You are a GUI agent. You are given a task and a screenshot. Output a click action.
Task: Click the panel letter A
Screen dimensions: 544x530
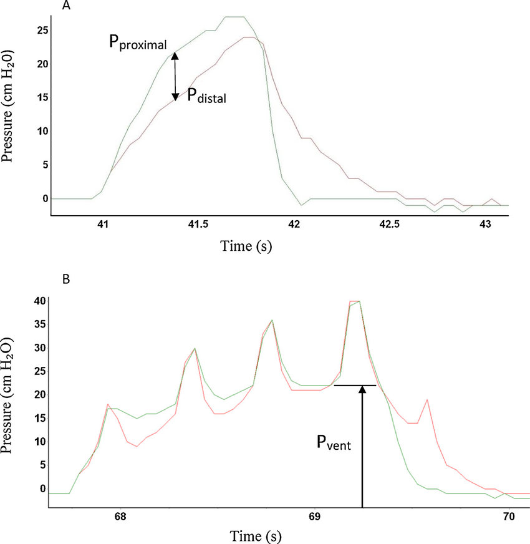(67, 6)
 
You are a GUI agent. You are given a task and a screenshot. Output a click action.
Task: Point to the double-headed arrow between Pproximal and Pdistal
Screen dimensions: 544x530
(176, 76)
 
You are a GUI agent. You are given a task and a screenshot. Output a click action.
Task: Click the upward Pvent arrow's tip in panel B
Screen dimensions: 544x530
(362, 388)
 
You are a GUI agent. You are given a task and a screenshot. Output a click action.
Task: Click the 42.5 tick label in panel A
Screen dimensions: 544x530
(390, 223)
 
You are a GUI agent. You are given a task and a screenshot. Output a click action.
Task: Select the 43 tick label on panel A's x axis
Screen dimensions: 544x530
(486, 223)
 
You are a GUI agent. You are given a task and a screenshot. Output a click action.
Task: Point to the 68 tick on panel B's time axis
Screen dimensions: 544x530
(120, 517)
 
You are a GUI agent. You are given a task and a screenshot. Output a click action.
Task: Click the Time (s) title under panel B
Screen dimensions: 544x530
(257, 535)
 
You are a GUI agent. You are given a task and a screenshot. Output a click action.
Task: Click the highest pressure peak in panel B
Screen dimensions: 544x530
(356, 301)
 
